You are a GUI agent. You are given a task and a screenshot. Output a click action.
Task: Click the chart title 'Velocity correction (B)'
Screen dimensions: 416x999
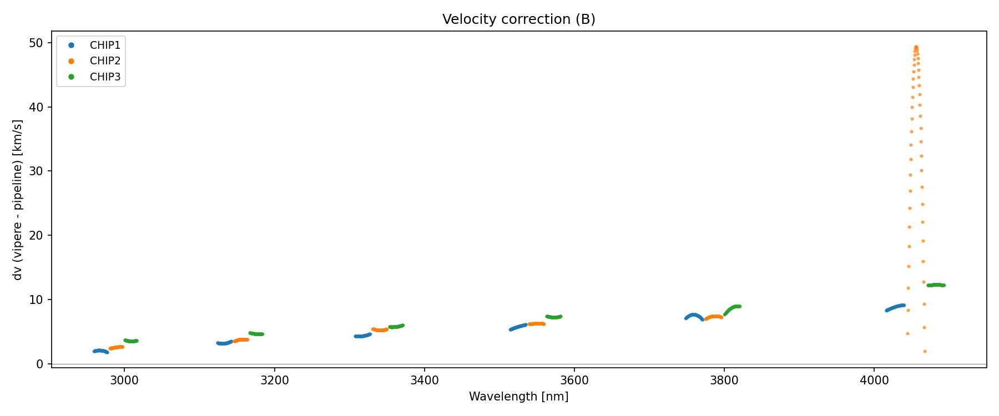tap(518, 19)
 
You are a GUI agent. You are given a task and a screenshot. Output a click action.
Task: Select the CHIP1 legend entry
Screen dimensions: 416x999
tap(104, 45)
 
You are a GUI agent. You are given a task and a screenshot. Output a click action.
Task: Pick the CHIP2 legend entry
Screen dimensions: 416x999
tap(104, 61)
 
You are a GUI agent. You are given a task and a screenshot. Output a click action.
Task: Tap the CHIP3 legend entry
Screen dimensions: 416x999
tap(104, 77)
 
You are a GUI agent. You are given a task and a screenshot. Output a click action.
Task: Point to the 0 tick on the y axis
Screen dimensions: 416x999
tap(40, 364)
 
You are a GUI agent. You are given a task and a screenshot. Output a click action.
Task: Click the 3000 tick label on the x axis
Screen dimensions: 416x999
tap(124, 380)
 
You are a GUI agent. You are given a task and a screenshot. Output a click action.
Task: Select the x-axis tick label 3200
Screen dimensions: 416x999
tap(274, 380)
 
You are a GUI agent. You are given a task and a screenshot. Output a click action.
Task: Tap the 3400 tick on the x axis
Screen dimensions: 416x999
tap(424, 380)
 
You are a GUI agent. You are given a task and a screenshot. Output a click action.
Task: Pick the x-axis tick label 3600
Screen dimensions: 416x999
tap(574, 380)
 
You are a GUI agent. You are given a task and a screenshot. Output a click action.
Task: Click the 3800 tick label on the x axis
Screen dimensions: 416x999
tap(724, 380)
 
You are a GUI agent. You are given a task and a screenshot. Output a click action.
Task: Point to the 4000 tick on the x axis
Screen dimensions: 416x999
tap(874, 380)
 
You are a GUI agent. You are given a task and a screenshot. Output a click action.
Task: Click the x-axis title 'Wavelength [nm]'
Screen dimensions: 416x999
tap(518, 397)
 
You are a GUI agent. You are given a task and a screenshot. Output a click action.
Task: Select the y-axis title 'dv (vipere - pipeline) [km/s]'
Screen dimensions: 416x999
tap(18, 200)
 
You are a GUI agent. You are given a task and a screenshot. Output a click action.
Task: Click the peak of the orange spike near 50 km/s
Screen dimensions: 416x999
tap(916, 48)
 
